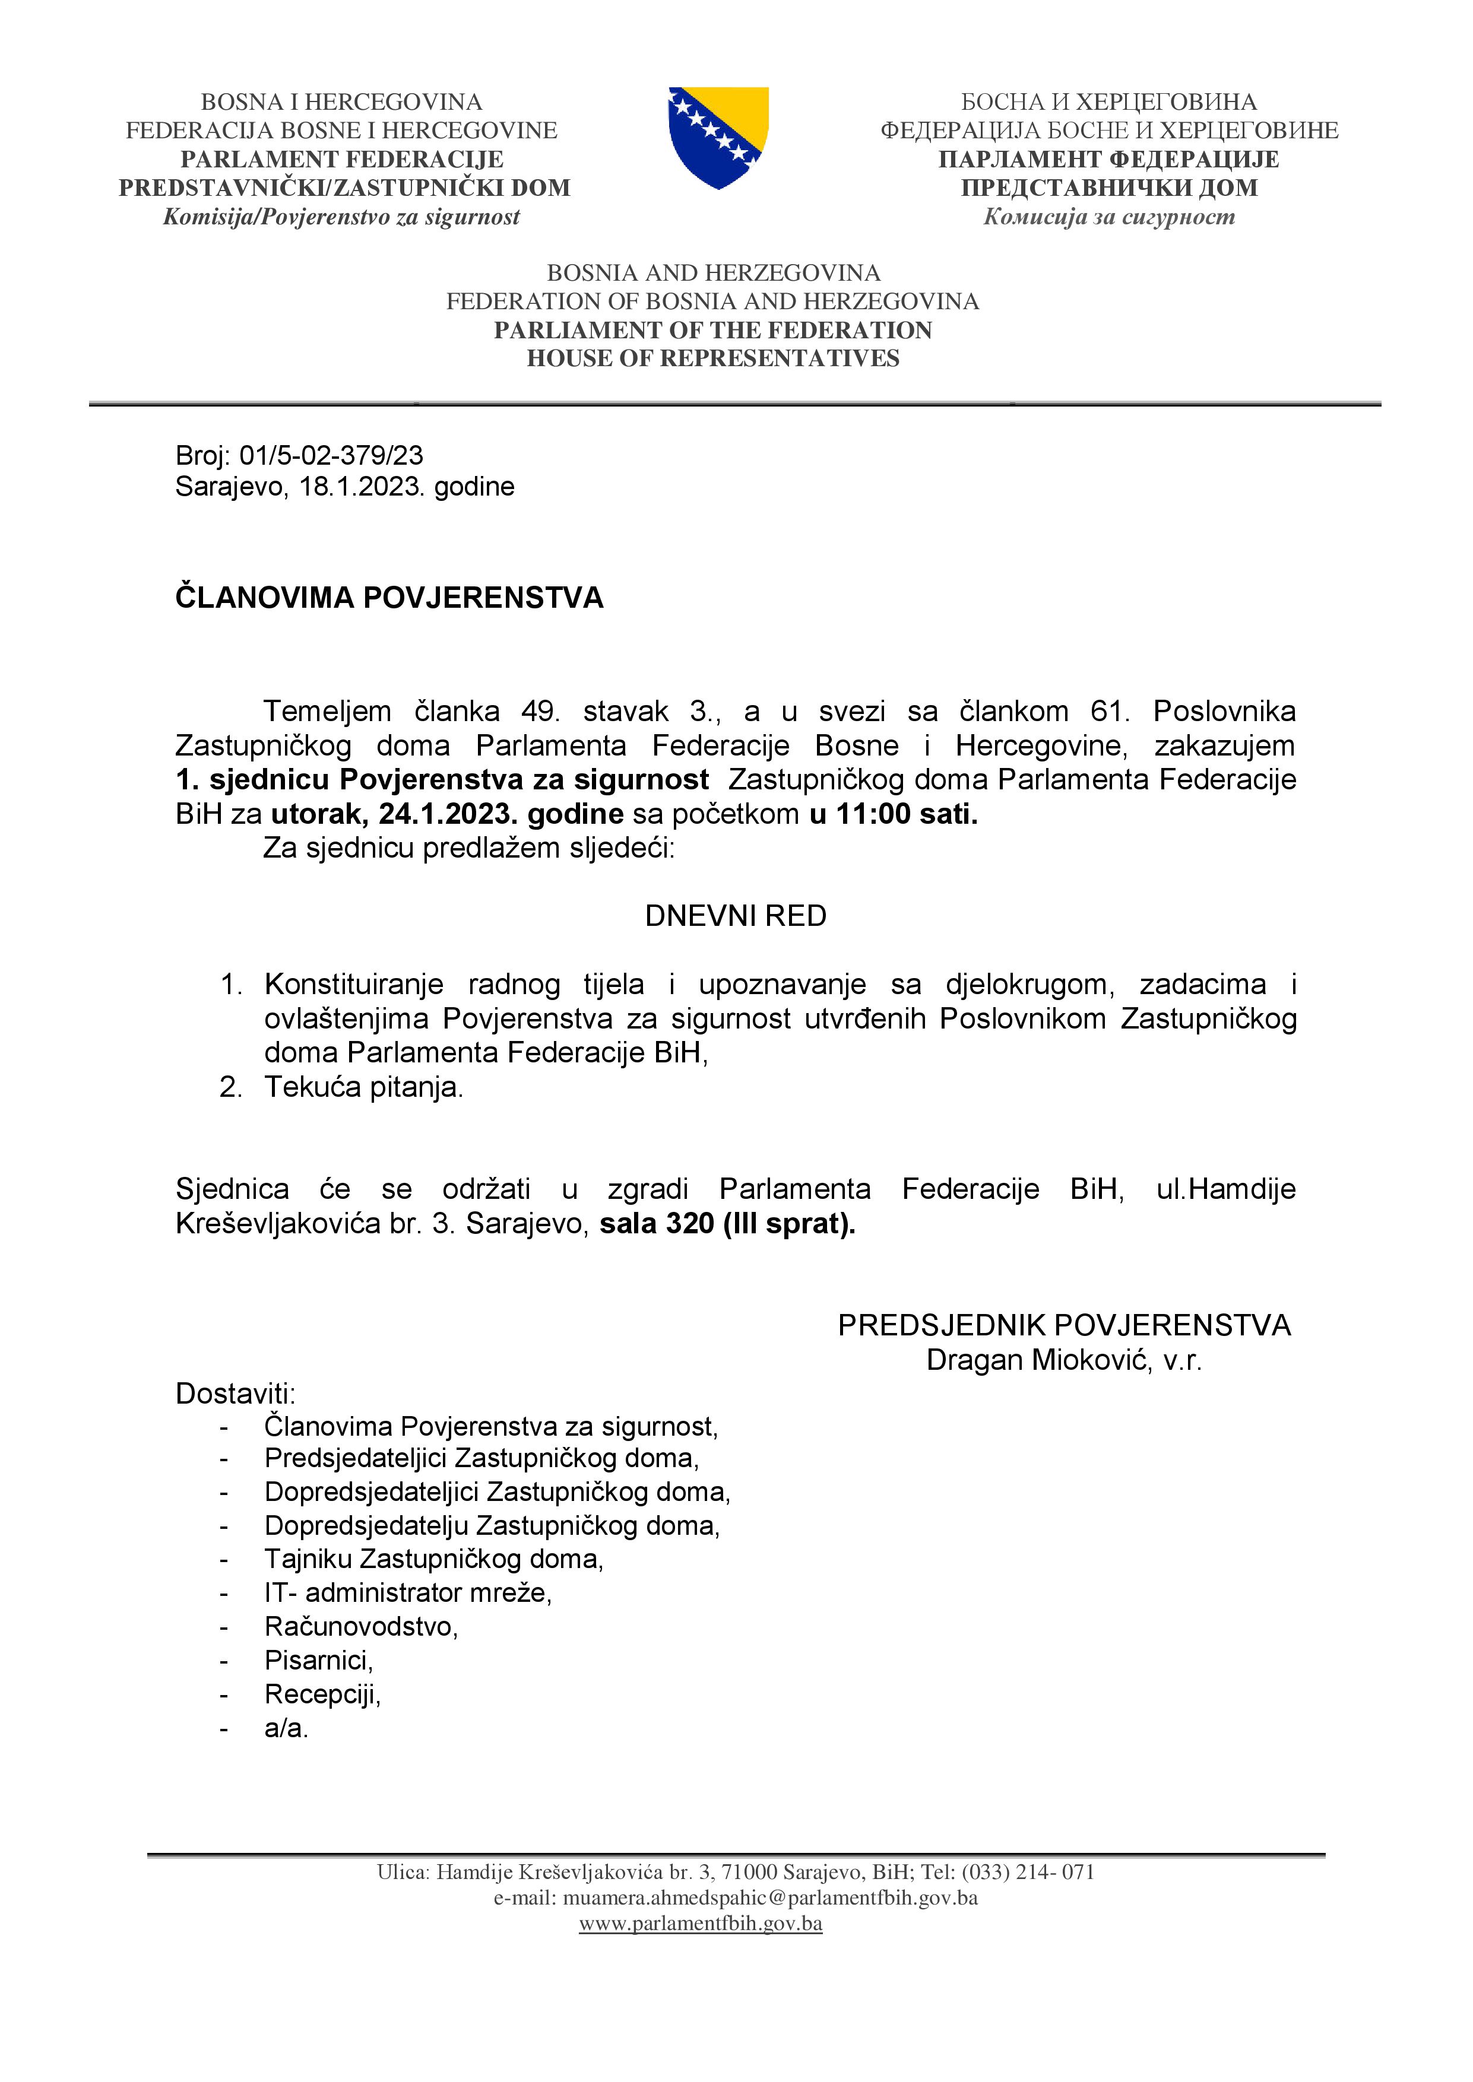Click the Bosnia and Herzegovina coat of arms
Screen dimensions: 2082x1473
(x=718, y=137)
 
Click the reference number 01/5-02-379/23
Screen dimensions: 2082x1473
(x=331, y=455)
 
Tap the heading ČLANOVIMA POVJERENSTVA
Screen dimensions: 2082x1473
(x=389, y=598)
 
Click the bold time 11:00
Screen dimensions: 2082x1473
(x=873, y=814)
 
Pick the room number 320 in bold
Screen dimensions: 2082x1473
(x=690, y=1224)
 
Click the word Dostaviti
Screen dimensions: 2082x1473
(x=235, y=1394)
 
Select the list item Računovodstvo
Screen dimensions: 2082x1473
(x=360, y=1627)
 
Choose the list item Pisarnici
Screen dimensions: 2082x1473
(x=318, y=1661)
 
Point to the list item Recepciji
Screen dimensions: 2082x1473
(x=322, y=1694)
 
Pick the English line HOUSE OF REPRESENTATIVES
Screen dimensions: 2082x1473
(x=713, y=358)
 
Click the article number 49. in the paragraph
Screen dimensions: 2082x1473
(x=541, y=711)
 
